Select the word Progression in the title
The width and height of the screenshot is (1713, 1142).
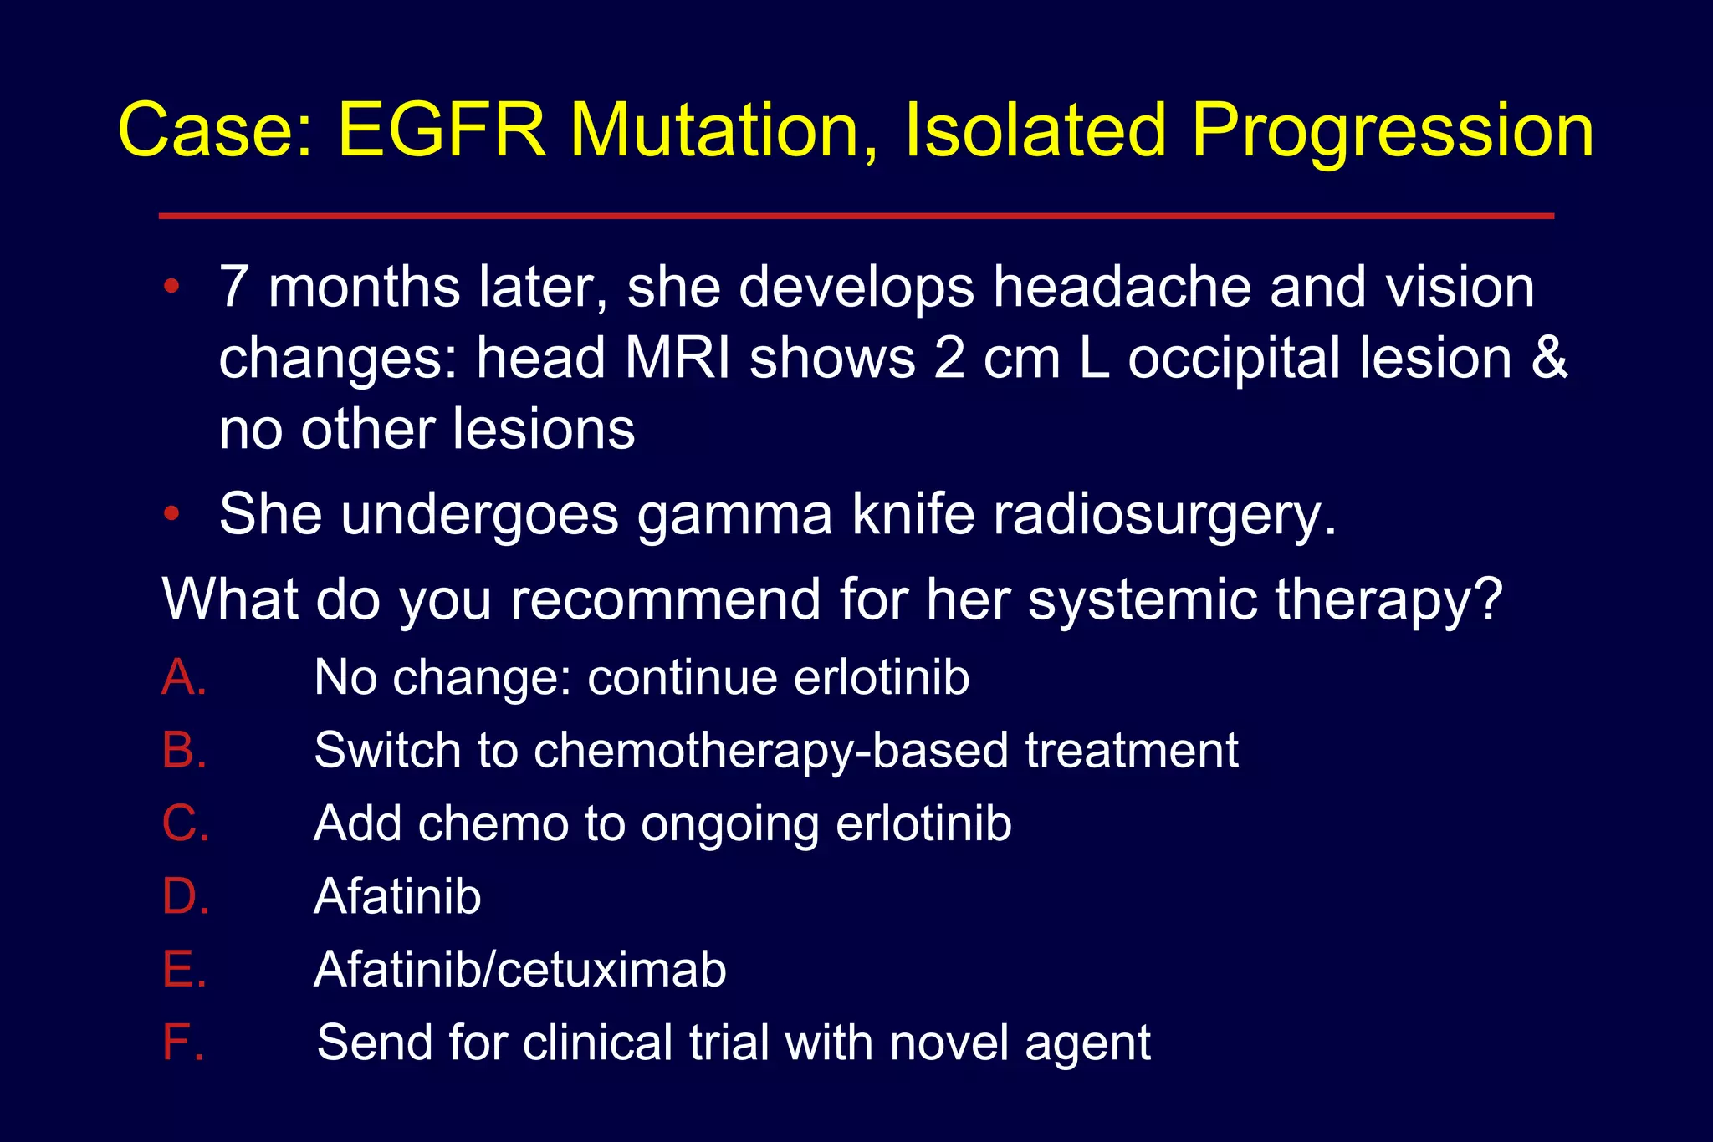(x=1393, y=132)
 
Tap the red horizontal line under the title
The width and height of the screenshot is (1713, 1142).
(x=856, y=216)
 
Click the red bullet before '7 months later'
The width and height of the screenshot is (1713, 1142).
(x=171, y=287)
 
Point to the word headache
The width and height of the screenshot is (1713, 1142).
(x=1121, y=287)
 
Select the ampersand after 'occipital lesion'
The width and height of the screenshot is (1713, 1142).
(x=1548, y=358)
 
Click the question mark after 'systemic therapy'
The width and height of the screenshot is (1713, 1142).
(x=1488, y=599)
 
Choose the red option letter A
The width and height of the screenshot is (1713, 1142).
(x=183, y=676)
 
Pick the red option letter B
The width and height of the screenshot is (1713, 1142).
(x=183, y=750)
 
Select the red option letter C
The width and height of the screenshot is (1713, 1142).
(x=185, y=823)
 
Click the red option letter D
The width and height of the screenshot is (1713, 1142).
(x=185, y=896)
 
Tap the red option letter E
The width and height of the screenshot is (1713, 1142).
(x=183, y=969)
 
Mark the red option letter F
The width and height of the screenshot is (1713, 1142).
(x=182, y=1043)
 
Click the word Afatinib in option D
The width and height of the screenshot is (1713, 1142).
(x=397, y=896)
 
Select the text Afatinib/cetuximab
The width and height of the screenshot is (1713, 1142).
(x=519, y=969)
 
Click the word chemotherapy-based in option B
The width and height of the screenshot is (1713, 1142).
(x=770, y=750)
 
